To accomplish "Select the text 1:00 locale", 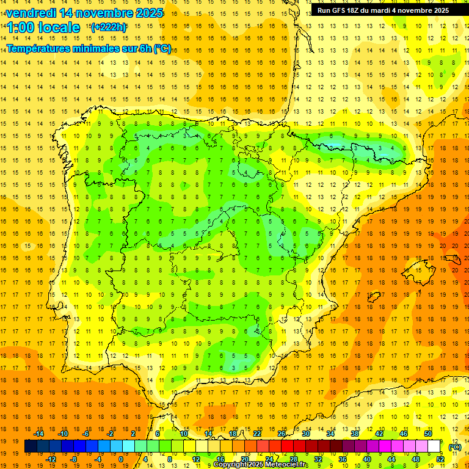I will pyautogui.click(x=43, y=27).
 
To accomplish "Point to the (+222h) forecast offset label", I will pyautogui.click(x=109, y=27).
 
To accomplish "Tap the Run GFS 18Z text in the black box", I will pyautogui.click(x=338, y=10).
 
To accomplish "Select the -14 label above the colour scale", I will pyautogui.click(x=38, y=434).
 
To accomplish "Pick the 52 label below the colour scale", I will pyautogui.click(x=440, y=459).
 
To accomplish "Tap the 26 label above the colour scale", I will pyautogui.click(x=282, y=434).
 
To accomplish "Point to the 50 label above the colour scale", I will pyautogui.click(x=428, y=434).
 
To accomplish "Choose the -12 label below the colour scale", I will pyautogui.click(x=51, y=459).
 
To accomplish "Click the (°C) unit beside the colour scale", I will pyautogui.click(x=454, y=447).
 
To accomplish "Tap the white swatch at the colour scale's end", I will pyautogui.click(x=434, y=446).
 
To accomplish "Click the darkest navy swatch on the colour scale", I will pyautogui.click(x=31, y=446).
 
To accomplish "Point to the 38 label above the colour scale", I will pyautogui.click(x=355, y=434).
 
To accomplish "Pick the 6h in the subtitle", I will pyautogui.click(x=145, y=49).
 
